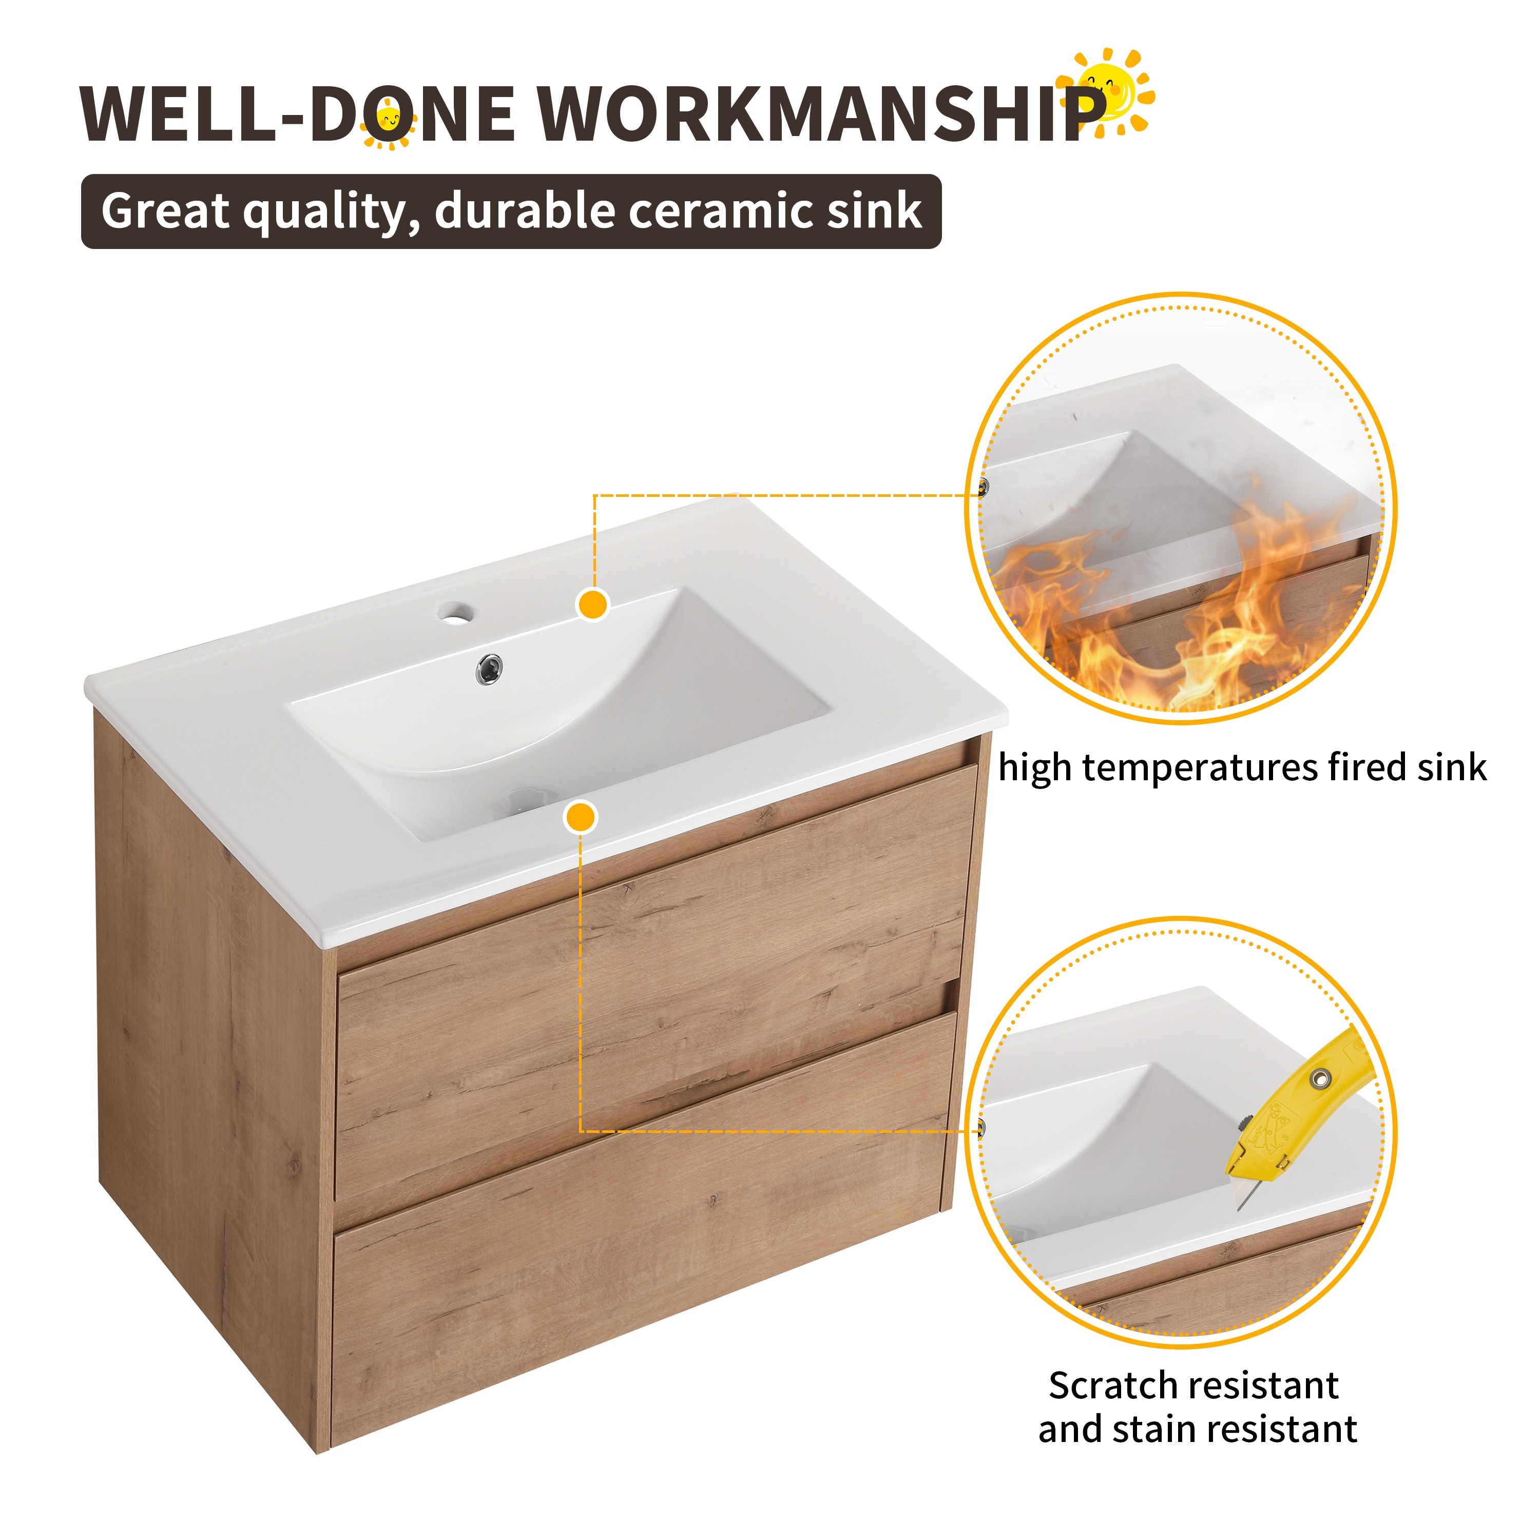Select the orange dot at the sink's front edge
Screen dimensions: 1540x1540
580,817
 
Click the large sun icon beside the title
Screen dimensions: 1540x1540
1106,92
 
